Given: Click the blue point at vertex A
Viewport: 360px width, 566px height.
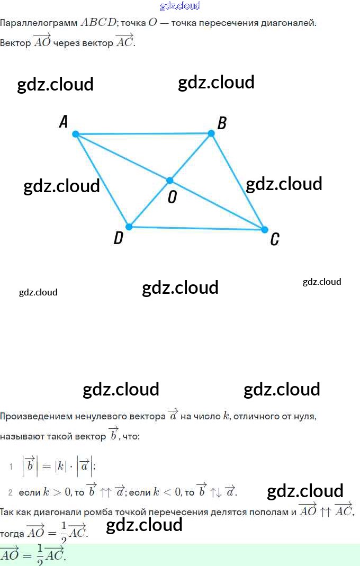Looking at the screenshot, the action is click(76, 134).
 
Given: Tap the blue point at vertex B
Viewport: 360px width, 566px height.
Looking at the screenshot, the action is click(211, 133).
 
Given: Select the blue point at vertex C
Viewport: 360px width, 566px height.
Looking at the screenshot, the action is click(265, 229).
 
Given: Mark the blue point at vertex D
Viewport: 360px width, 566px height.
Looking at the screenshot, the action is click(128, 227).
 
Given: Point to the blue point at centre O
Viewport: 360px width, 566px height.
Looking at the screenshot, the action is click(170, 181).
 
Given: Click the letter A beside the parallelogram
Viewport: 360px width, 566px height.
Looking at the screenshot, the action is click(64, 122).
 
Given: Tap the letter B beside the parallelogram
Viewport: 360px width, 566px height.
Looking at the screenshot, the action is click(222, 123).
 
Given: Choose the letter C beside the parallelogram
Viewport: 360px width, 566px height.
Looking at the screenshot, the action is click(274, 240).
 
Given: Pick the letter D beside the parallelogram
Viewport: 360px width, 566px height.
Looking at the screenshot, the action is click(119, 238).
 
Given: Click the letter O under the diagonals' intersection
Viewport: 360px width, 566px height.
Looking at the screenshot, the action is click(172, 197).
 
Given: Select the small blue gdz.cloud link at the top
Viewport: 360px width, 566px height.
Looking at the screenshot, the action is click(180, 6).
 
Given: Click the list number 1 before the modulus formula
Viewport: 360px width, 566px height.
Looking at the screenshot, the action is click(11, 466).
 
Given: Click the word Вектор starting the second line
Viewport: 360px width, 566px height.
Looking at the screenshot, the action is click(15, 43).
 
